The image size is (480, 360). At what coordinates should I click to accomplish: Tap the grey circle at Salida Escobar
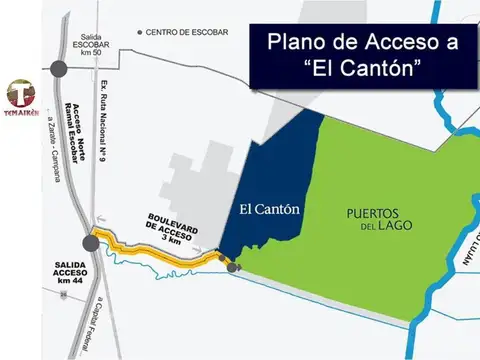(61, 69)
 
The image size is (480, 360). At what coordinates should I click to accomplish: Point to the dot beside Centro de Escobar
(138, 32)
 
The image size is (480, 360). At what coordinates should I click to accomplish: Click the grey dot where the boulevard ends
(232, 267)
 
